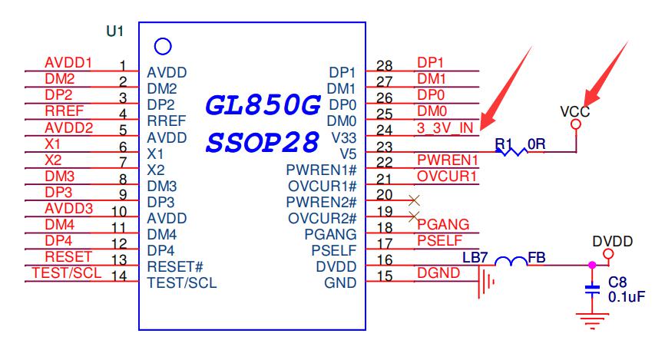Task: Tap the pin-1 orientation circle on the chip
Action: click(162, 47)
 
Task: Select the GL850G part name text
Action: click(263, 106)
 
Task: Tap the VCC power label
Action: click(574, 111)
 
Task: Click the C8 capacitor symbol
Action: click(592, 291)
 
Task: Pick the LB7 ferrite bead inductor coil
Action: click(509, 263)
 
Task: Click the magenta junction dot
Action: click(591, 266)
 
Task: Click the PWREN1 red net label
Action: click(448, 160)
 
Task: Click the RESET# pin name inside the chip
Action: click(174, 267)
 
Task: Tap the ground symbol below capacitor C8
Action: click(591, 321)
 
